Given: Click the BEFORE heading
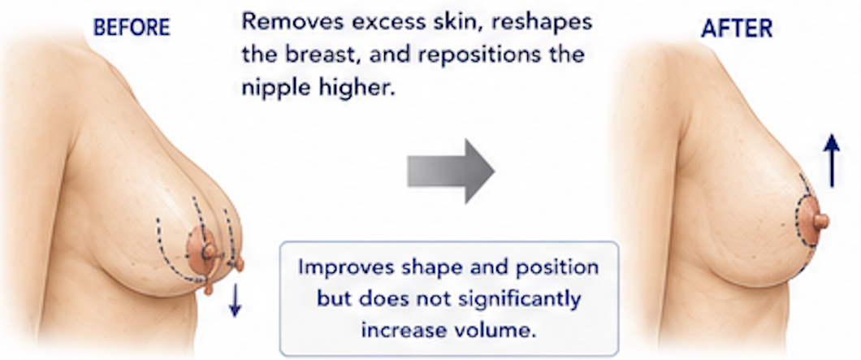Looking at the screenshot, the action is (132, 27).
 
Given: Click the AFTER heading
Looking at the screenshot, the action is (737, 28).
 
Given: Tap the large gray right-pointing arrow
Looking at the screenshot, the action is (450, 171).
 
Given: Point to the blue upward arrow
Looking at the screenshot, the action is (832, 160).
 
